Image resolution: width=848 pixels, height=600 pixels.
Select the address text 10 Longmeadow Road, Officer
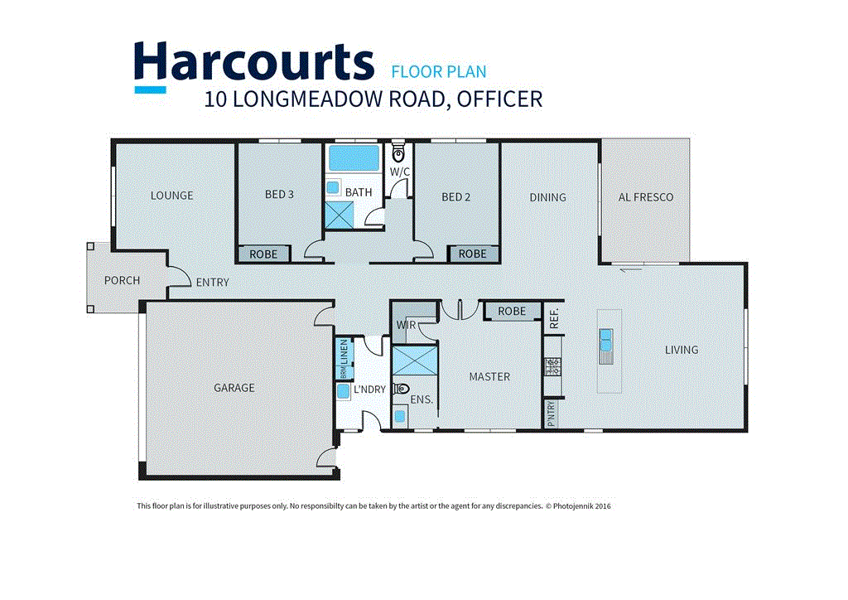(x=373, y=99)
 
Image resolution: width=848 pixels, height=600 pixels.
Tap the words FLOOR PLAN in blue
(x=439, y=71)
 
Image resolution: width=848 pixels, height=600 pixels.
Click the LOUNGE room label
(x=171, y=196)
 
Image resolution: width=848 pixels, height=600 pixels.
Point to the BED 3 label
(x=279, y=196)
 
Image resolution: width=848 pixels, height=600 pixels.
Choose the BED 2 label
(x=455, y=197)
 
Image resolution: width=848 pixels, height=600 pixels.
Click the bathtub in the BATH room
(x=352, y=157)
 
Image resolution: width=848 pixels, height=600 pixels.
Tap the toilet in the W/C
(x=399, y=154)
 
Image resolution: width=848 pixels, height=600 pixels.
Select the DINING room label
(x=547, y=197)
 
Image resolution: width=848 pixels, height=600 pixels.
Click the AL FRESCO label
(x=645, y=197)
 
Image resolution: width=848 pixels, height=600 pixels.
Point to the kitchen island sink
(x=606, y=337)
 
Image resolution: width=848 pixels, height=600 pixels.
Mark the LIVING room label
(x=682, y=350)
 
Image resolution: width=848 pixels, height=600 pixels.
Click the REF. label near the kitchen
(x=554, y=316)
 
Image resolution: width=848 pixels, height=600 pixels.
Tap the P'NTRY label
(x=551, y=414)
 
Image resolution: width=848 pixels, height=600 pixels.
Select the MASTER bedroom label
(x=489, y=377)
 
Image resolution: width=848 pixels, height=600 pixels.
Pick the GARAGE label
(x=234, y=388)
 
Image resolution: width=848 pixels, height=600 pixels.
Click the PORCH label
(x=122, y=280)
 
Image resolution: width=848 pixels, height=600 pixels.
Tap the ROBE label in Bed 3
(x=263, y=254)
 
